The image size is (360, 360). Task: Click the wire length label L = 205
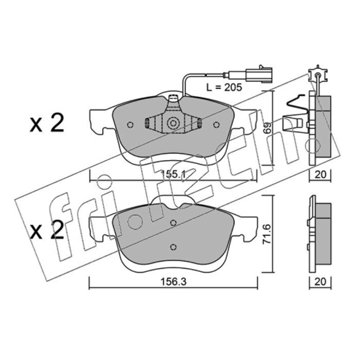click(x=224, y=87)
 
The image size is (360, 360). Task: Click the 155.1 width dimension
click(x=173, y=174)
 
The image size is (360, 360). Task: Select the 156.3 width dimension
click(x=173, y=282)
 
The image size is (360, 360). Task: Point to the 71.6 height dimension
click(x=267, y=234)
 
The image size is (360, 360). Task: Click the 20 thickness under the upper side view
click(x=320, y=175)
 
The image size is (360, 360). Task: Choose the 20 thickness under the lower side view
click(x=320, y=282)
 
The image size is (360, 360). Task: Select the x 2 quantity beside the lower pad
click(x=47, y=230)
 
